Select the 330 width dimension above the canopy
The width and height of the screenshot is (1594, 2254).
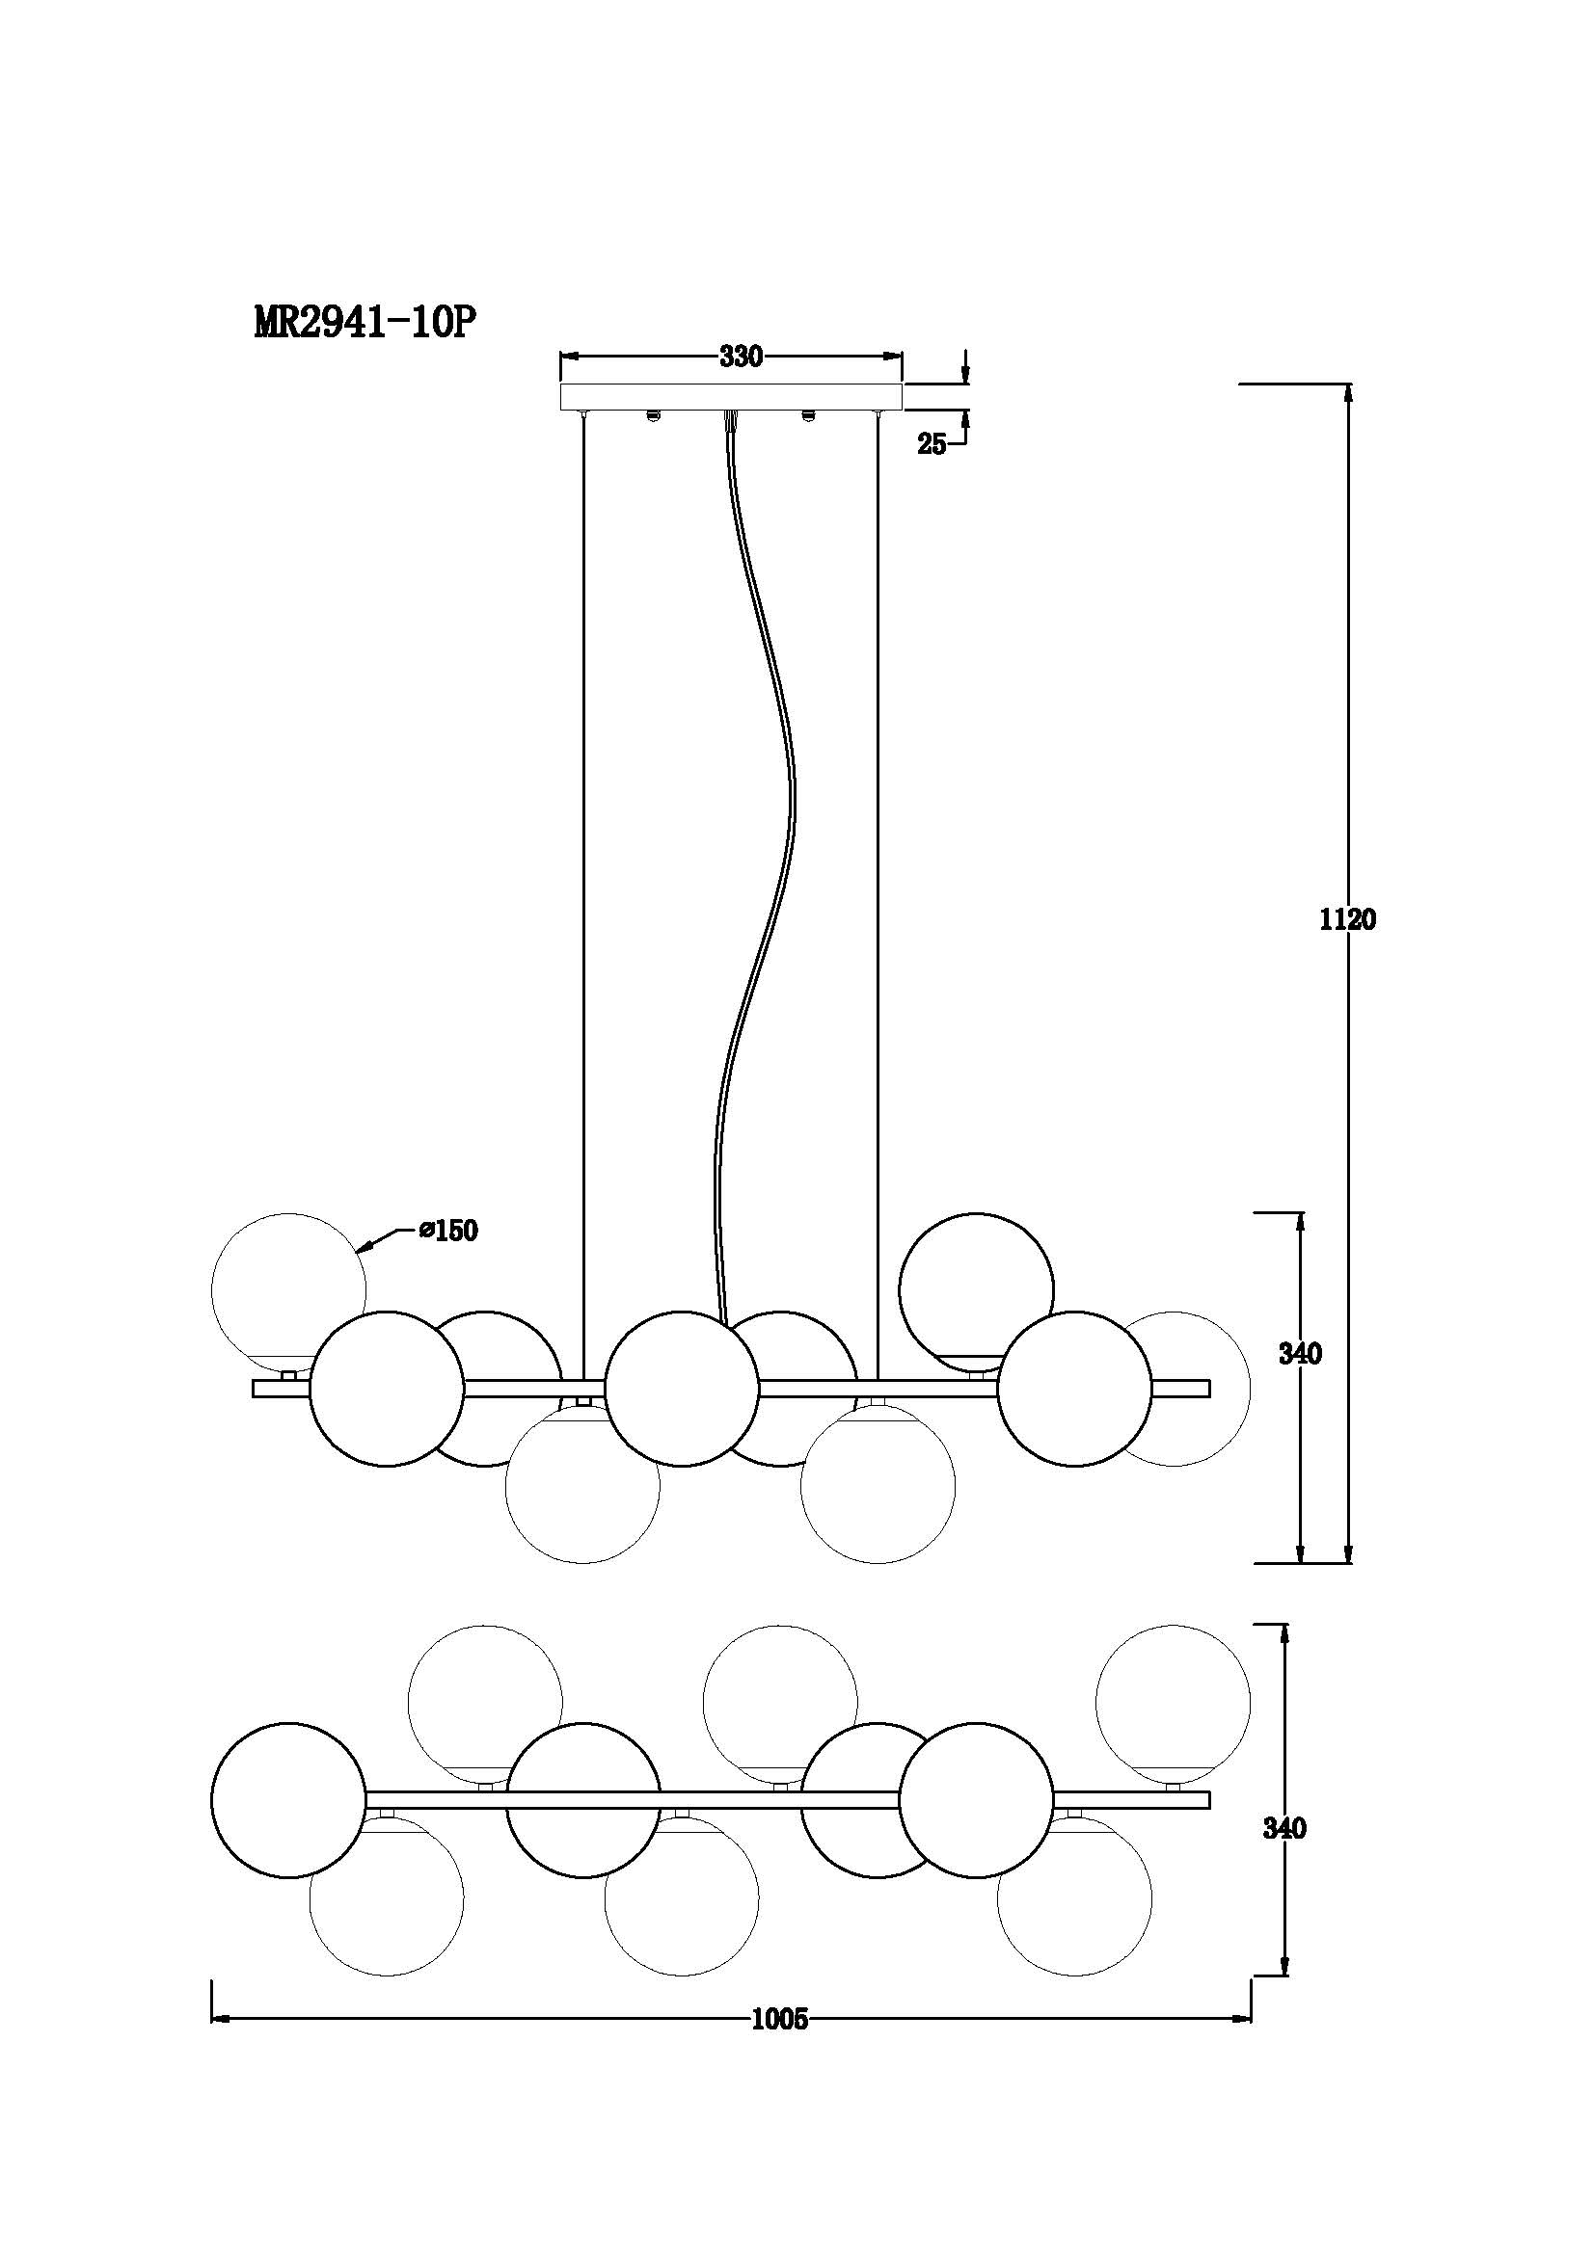(741, 358)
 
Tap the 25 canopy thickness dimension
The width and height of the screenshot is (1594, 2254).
(932, 444)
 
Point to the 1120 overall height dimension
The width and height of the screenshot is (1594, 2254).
(1348, 920)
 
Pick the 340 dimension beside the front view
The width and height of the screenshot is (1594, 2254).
(1300, 1354)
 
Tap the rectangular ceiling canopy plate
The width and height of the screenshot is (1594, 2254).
(731, 397)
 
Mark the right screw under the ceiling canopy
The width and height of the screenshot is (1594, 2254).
(809, 415)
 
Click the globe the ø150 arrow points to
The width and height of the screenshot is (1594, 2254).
(288, 1290)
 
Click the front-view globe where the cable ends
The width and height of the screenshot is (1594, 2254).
(682, 1388)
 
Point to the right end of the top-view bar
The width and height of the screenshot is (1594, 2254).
(1210, 1799)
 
